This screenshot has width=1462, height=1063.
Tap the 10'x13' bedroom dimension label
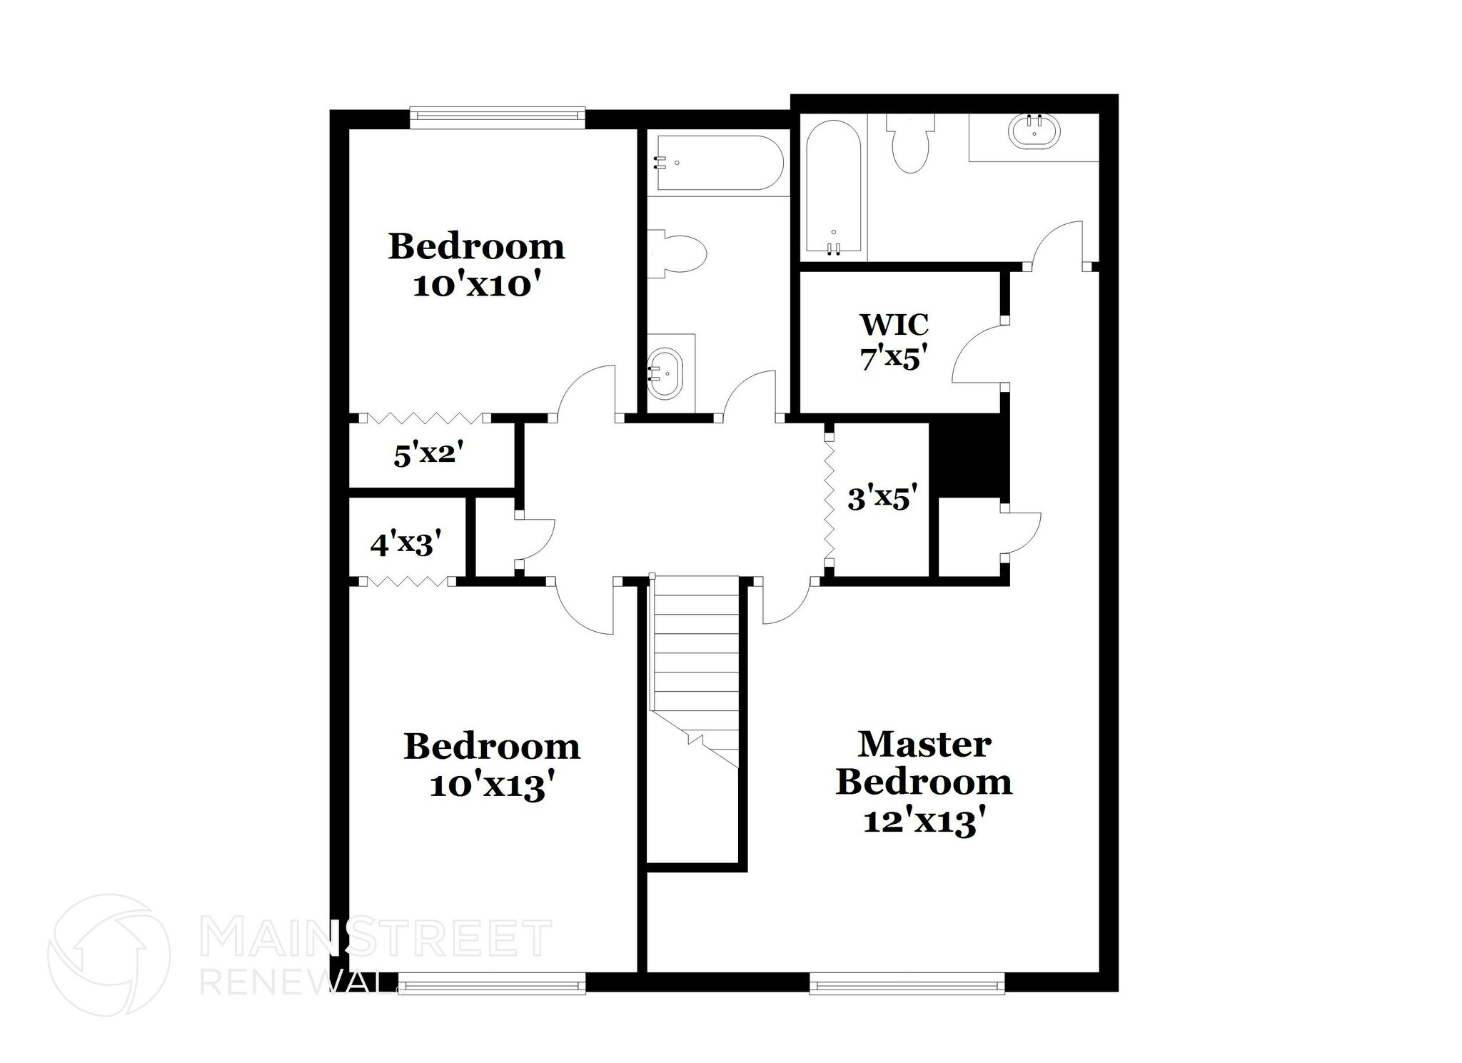(x=492, y=787)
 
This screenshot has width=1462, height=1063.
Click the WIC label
(x=894, y=324)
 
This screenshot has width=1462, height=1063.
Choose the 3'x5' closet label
(x=882, y=498)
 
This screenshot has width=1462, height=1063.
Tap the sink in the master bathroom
(x=1034, y=133)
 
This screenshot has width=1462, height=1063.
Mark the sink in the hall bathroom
(x=665, y=373)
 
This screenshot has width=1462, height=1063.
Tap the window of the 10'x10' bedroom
(x=498, y=118)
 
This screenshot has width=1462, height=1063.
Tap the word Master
(x=924, y=744)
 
